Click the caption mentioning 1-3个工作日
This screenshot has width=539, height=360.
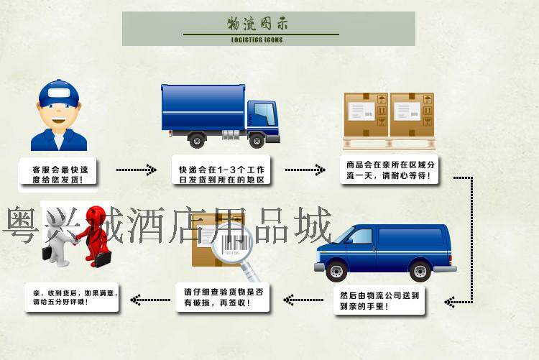click(221, 173)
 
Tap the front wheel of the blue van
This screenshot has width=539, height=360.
click(336, 270)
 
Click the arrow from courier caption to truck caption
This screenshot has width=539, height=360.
click(136, 170)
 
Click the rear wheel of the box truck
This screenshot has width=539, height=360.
click(198, 139)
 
